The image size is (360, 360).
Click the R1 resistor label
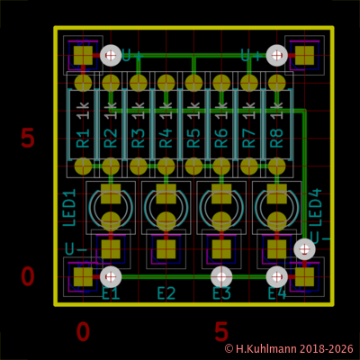[83, 138]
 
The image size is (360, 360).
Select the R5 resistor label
[193, 138]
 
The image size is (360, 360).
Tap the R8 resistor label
[277, 138]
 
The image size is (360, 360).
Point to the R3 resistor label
[139, 138]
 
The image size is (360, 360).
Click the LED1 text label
[69, 208]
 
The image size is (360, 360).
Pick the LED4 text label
[315, 208]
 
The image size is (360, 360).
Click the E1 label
[111, 293]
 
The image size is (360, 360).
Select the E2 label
[166, 293]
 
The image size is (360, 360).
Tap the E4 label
[277, 293]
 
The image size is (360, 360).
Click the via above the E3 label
[221, 276]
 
